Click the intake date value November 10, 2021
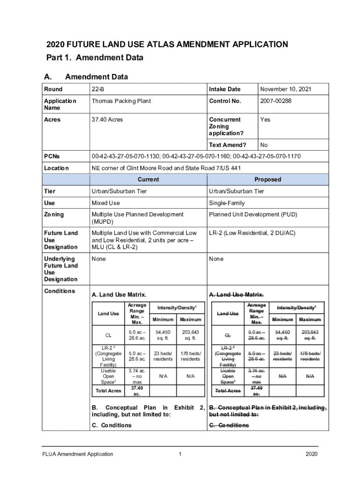286,89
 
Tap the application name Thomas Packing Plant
121,101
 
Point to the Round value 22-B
98,89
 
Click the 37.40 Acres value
107,120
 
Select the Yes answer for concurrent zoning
265,120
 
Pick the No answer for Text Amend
264,145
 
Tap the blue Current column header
148,180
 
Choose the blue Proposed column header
267,180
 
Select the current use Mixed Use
106,203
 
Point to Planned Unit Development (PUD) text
253,215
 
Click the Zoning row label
54,215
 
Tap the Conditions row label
59,291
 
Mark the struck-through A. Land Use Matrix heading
236,295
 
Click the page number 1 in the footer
180,454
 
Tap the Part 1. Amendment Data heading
94,58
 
